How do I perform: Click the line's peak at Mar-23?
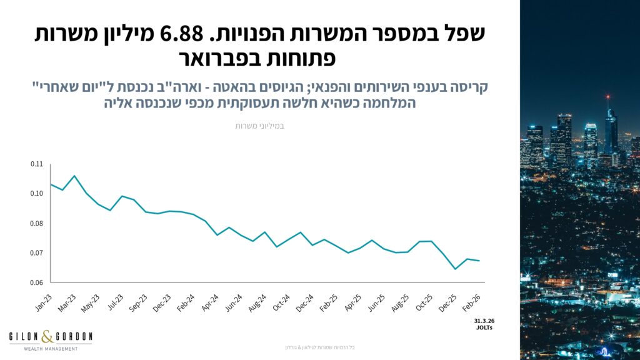pos(74,176)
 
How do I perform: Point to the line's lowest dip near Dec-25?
pos(455,269)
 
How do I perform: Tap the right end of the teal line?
pos(479,261)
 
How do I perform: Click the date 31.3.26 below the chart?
pos(484,320)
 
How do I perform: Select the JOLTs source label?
pos(484,327)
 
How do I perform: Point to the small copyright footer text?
pos(319,347)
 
